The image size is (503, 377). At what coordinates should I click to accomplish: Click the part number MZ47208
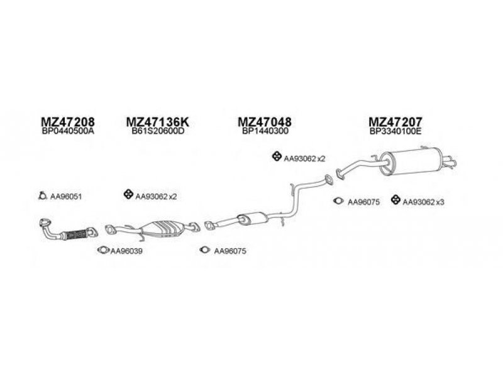pyautogui.click(x=68, y=122)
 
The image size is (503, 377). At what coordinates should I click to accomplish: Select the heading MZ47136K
pyautogui.click(x=158, y=122)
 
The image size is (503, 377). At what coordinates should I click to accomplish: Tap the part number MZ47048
pyautogui.click(x=265, y=122)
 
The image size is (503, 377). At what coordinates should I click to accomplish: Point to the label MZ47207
pyautogui.click(x=395, y=122)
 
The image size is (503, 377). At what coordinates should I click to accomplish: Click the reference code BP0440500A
pyautogui.click(x=68, y=131)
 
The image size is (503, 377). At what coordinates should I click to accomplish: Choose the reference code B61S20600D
pyautogui.click(x=158, y=131)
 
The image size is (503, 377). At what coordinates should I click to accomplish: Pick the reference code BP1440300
pyautogui.click(x=265, y=131)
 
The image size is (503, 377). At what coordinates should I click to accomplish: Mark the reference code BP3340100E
pyautogui.click(x=395, y=131)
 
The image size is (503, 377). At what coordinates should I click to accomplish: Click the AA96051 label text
pyautogui.click(x=66, y=197)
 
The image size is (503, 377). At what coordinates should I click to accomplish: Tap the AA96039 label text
pyautogui.click(x=126, y=251)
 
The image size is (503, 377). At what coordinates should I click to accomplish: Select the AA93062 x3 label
pyautogui.click(x=423, y=202)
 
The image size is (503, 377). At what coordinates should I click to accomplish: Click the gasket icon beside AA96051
pyautogui.click(x=42, y=195)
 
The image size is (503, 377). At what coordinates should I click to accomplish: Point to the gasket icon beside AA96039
pyautogui.click(x=103, y=249)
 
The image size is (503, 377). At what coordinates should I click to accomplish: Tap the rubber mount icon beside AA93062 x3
pyautogui.click(x=396, y=200)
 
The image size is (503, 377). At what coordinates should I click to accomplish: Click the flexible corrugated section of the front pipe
pyautogui.click(x=75, y=234)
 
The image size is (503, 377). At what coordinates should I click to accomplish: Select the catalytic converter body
pyautogui.click(x=163, y=229)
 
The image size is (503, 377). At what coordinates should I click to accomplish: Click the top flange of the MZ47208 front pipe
pyautogui.click(x=45, y=222)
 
